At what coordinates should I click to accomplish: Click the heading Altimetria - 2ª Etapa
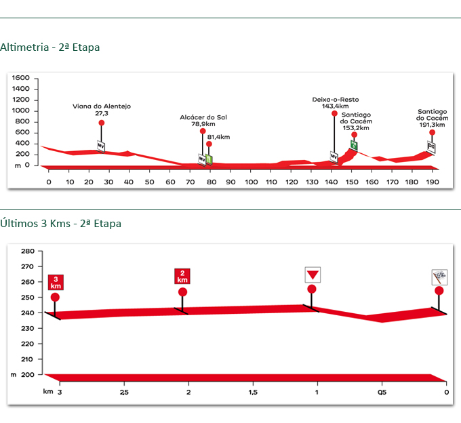click(50, 47)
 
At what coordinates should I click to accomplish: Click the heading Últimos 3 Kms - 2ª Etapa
click(61, 223)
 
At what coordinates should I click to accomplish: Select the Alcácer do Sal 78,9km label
click(203, 121)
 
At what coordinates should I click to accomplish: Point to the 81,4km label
click(218, 137)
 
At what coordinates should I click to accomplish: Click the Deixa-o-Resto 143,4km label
click(330, 102)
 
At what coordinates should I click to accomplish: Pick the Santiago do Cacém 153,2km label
click(355, 121)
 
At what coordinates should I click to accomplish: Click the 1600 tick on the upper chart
click(21, 78)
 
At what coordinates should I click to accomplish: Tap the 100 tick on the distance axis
click(252, 182)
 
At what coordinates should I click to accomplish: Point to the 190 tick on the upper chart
click(432, 182)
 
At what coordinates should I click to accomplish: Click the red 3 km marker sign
click(56, 283)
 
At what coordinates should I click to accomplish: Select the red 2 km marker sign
click(182, 277)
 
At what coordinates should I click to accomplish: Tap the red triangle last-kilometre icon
click(312, 275)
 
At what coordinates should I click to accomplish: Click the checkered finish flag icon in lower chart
click(439, 277)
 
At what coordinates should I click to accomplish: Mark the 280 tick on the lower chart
click(28, 251)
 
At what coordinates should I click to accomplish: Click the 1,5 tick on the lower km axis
click(253, 392)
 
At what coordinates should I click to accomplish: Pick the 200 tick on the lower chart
click(28, 374)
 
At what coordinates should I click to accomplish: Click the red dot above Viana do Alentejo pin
click(101, 123)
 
